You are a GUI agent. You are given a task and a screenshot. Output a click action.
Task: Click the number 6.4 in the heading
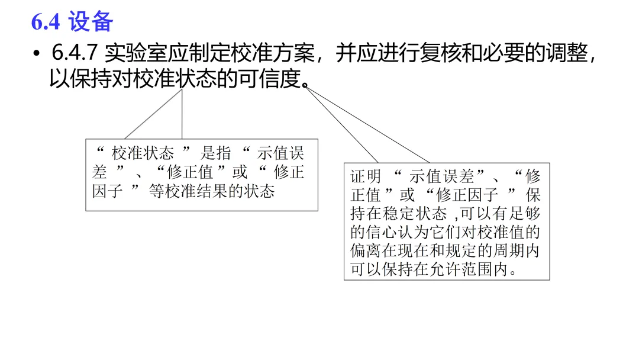point(46,22)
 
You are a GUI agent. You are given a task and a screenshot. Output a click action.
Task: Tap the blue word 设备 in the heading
point(91,22)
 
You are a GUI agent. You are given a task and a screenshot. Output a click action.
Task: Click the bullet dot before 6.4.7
point(37,54)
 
